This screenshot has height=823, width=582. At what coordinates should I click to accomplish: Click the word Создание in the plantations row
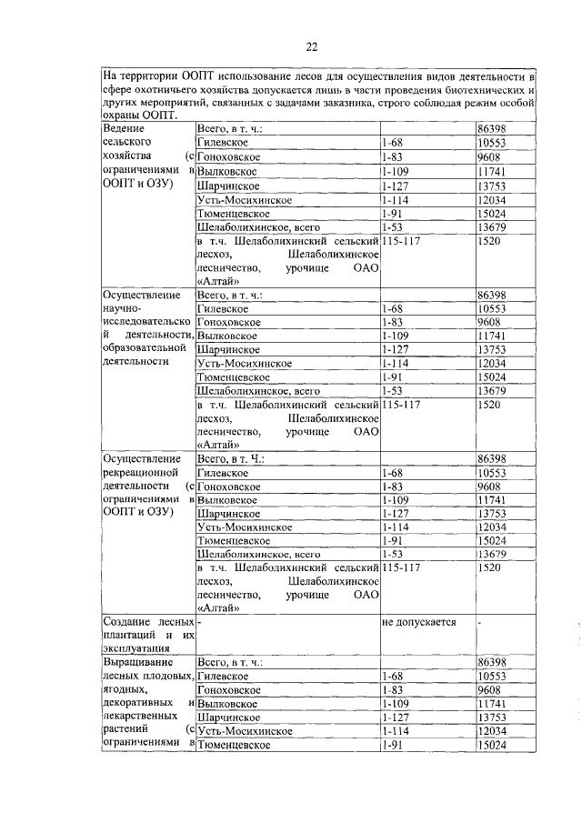tap(127, 621)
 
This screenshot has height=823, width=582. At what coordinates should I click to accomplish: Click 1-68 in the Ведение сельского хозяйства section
tap(393, 144)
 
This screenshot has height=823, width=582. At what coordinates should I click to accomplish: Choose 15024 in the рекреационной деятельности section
tap(492, 540)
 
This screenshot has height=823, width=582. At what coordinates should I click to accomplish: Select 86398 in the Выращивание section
tap(492, 663)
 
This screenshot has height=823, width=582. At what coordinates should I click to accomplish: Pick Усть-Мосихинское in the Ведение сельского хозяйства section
tap(244, 199)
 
